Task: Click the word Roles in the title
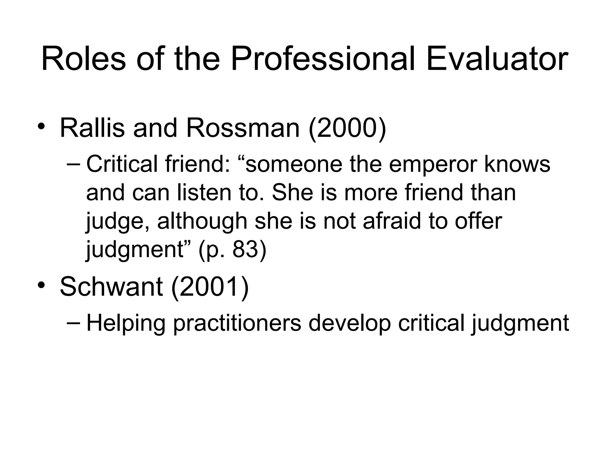click(84, 60)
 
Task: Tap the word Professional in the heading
click(323, 60)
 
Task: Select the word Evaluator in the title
click(497, 60)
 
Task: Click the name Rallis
click(92, 128)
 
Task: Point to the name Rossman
click(243, 128)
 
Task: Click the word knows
click(517, 164)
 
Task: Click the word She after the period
click(293, 192)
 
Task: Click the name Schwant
click(111, 287)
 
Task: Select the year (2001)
click(210, 287)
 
